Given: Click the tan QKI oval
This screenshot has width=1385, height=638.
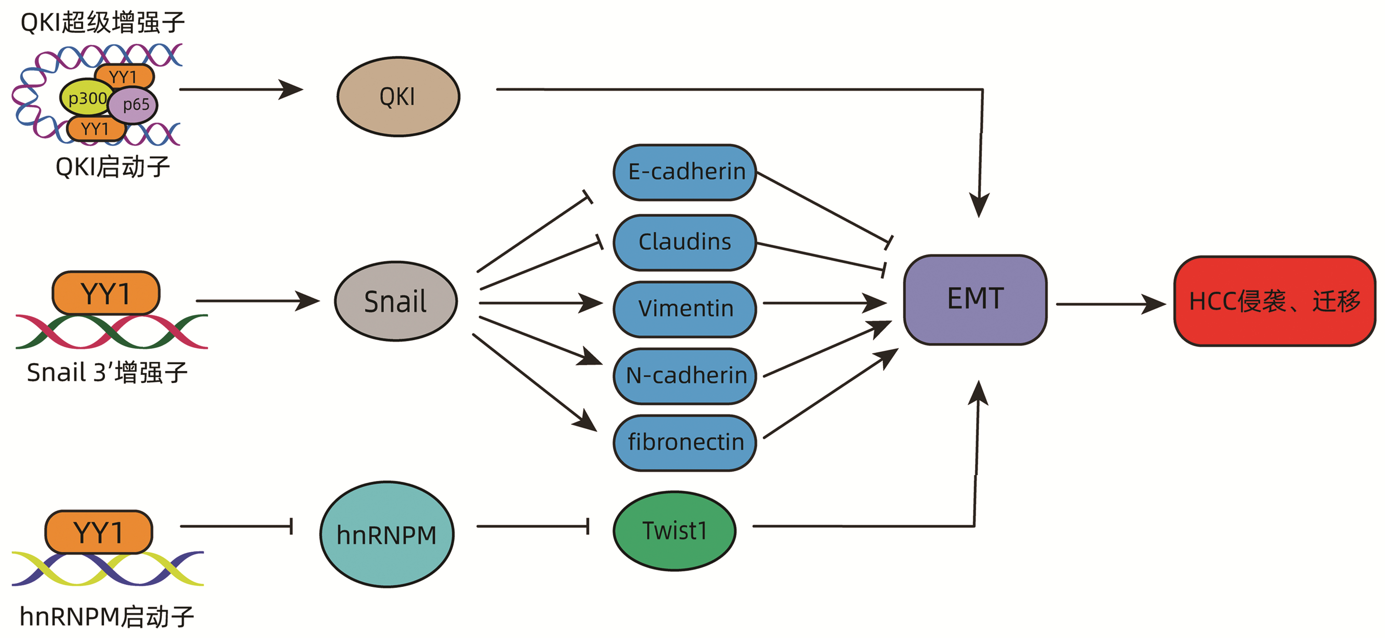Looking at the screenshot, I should coord(398,97).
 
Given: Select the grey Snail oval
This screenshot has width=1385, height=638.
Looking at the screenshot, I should coord(396,301).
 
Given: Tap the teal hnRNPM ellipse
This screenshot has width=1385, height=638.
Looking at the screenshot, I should coord(387,534).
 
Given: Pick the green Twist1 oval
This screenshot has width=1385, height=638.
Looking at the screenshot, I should coord(674,531).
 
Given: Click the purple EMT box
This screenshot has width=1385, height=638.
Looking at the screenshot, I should coord(975,300).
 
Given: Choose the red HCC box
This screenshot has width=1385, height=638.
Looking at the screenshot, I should coord(1274,301).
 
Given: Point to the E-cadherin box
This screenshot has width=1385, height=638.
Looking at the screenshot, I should coord(685,172).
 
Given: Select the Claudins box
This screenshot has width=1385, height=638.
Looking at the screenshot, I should coord(685,242).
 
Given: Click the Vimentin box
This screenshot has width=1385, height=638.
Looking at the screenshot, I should coord(685,309).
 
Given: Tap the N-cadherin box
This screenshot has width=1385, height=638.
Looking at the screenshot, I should coord(685,375).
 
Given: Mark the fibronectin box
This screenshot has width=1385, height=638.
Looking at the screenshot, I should coord(685,442).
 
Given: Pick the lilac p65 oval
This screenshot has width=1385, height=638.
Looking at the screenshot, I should coord(134,105).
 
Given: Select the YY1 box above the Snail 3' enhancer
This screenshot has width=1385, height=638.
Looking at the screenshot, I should coord(106,293).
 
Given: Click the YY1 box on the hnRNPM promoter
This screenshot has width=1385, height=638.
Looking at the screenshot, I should coord(98,532).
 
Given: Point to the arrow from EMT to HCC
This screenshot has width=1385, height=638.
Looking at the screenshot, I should coord(1110,304).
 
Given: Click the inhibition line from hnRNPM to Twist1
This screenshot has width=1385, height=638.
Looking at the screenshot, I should coord(532,526).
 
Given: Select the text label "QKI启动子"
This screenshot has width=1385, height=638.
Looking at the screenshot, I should coord(113,167).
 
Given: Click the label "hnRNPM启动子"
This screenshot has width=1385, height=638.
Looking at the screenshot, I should coord(106,616).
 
